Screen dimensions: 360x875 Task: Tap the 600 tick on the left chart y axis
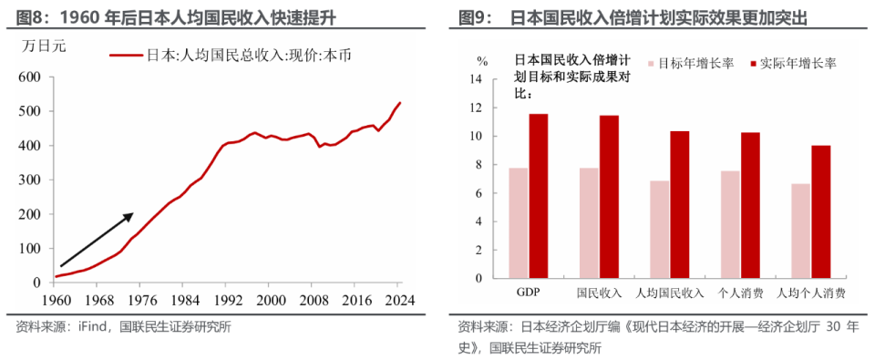coord(29,77)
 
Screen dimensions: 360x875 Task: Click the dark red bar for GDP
coord(539,195)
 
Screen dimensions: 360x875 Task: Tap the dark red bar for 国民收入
coord(609,196)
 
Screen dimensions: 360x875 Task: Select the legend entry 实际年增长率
coord(790,64)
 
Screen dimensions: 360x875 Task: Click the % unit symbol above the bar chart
coord(483,60)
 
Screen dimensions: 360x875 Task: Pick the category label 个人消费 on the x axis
coord(739,293)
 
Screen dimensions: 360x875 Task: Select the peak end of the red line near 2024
coord(399,103)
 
